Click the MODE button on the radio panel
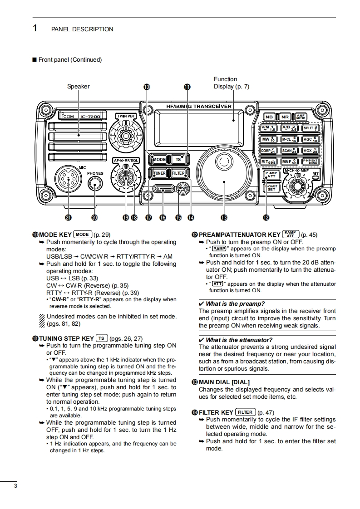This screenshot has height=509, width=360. (x=159, y=160)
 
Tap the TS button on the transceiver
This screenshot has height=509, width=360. (x=178, y=160)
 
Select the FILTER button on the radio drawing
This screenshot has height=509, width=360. (x=178, y=173)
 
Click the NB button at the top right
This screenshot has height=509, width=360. (x=269, y=117)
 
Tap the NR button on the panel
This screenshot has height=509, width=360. (x=285, y=117)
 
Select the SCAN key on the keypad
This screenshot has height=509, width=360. (x=289, y=150)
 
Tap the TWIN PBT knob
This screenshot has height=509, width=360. (x=126, y=135)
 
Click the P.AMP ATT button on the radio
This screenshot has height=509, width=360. (x=271, y=175)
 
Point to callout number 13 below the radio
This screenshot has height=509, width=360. (x=224, y=218)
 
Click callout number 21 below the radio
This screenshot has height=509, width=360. (x=68, y=218)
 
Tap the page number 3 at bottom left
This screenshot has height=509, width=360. (x=15, y=486)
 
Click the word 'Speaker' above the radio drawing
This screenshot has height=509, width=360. (x=79, y=86)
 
